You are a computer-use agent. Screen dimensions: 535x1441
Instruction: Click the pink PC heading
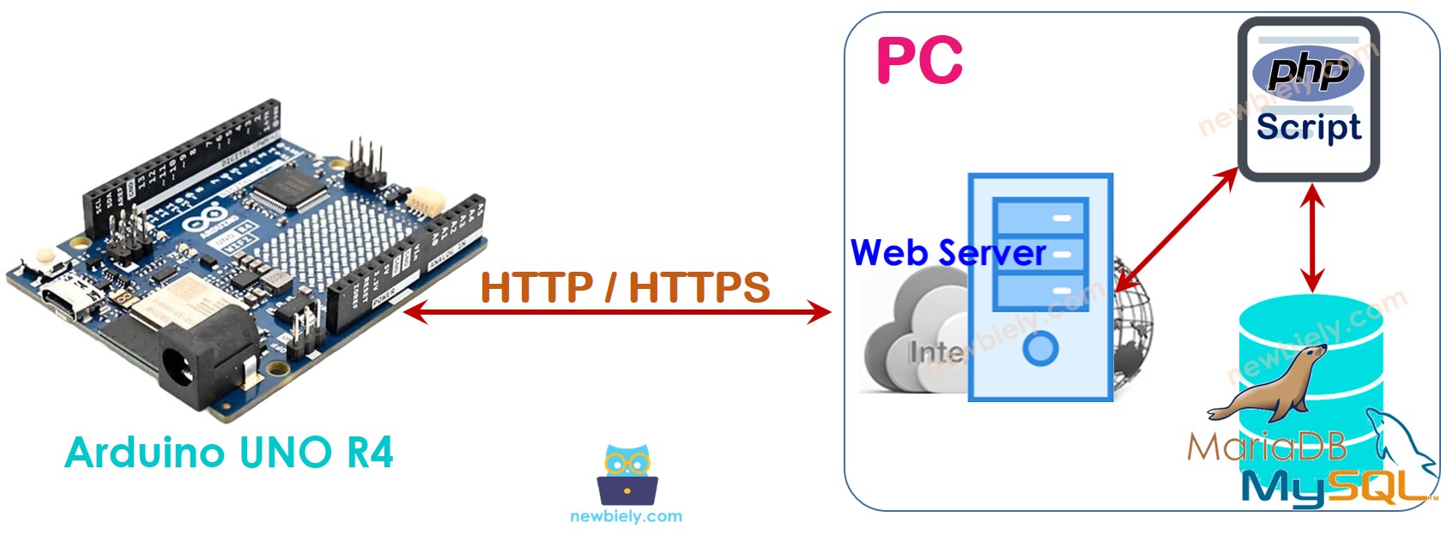tap(919, 61)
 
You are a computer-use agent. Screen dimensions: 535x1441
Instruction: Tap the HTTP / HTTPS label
tap(625, 287)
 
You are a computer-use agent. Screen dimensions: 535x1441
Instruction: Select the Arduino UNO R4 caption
tap(229, 453)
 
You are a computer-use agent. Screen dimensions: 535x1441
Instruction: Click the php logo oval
tap(1307, 71)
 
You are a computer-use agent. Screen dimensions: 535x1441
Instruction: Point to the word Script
tap(1308, 128)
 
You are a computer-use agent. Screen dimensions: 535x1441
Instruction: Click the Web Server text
tap(948, 253)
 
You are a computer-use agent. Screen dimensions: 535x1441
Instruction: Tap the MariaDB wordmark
tap(1267, 447)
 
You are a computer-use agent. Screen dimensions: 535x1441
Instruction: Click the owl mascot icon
tap(627, 474)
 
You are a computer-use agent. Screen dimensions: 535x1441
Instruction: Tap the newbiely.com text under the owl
tap(626, 516)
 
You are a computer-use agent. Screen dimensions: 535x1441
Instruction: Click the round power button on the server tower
tap(1040, 348)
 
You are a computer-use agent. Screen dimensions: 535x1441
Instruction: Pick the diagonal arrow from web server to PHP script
tap(1178, 227)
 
